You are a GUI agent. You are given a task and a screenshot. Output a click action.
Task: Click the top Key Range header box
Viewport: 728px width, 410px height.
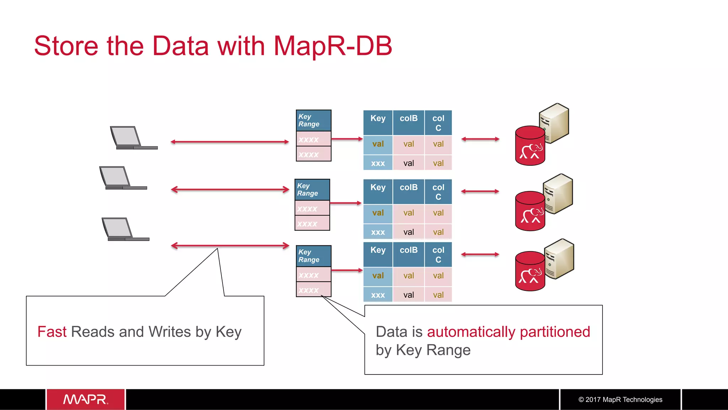click(313, 121)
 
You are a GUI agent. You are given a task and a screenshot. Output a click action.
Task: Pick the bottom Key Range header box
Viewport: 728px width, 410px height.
click(313, 256)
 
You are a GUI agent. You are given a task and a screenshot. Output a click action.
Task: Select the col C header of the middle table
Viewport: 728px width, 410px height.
click(438, 192)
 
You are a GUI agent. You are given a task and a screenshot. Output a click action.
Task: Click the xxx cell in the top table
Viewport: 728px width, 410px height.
click(378, 163)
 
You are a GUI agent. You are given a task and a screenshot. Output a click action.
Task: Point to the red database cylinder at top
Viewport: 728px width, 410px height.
click(529, 146)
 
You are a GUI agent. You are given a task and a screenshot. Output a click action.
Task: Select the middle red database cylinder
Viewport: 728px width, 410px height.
click(529, 211)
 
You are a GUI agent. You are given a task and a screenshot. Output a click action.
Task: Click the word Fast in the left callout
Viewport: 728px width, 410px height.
click(52, 332)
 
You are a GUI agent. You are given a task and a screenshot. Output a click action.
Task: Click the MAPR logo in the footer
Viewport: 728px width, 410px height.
click(86, 399)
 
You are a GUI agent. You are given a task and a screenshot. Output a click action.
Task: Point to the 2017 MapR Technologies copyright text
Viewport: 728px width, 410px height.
click(620, 399)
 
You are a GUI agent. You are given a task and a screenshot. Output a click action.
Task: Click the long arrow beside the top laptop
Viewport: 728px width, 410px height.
click(230, 142)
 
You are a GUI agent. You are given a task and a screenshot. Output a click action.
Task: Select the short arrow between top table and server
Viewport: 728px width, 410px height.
click(480, 139)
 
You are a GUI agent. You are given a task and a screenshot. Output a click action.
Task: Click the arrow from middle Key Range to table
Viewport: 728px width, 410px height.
click(346, 203)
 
